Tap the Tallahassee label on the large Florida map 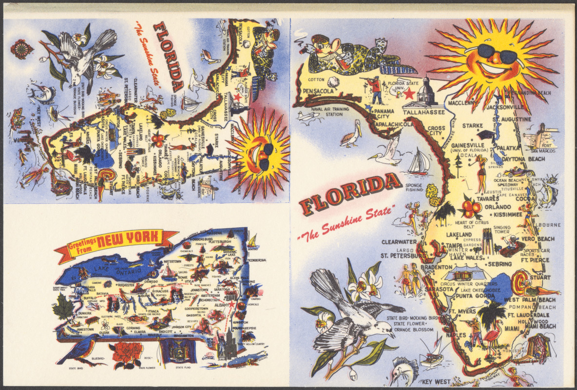423,113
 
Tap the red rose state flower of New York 128,353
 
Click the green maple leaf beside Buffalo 64,308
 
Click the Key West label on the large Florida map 434,381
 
